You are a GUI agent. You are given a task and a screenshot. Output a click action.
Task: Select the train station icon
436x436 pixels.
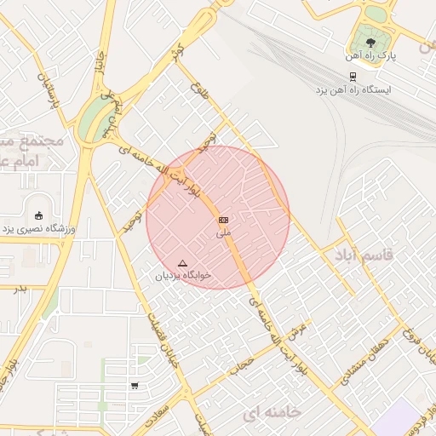click(x=353, y=74)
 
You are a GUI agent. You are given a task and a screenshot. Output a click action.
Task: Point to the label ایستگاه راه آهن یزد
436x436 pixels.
click(x=353, y=89)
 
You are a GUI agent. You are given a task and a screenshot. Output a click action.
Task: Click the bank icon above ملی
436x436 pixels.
click(x=223, y=220)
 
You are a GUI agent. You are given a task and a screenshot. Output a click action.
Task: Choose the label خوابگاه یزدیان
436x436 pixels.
click(x=182, y=276)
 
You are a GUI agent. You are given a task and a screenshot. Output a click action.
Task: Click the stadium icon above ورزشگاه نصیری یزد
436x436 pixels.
click(x=37, y=215)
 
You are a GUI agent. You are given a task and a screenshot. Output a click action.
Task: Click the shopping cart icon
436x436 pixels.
click(x=135, y=386)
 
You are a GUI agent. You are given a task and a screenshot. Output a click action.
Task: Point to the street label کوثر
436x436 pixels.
click(x=176, y=51)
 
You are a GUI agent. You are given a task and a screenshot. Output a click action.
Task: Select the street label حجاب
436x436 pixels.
click(x=247, y=364)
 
